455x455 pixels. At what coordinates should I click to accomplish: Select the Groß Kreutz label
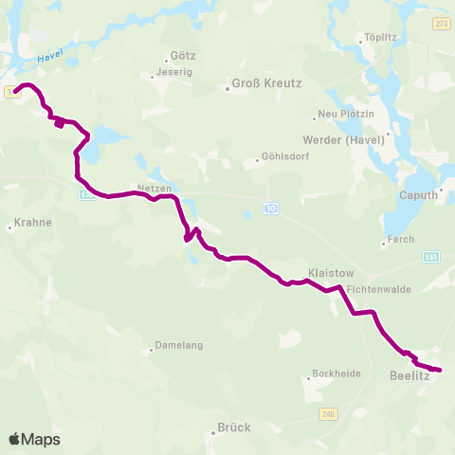pos(266,83)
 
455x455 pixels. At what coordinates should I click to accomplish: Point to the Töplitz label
pos(378,39)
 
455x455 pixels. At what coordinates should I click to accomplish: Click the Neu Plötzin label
pos(340,114)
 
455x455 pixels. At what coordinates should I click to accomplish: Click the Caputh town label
pos(419,195)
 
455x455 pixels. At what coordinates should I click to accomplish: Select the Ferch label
pos(401,240)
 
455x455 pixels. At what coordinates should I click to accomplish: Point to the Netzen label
pos(154,188)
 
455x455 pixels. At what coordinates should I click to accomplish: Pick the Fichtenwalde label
pos(378,289)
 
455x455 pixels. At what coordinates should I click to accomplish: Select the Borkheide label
pos(337,373)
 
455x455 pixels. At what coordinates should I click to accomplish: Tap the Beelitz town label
pos(409,376)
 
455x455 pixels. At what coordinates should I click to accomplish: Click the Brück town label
pos(234,427)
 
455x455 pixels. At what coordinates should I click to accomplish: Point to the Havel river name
pos(49,58)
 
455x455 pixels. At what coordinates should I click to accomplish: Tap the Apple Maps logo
pos(34,439)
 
